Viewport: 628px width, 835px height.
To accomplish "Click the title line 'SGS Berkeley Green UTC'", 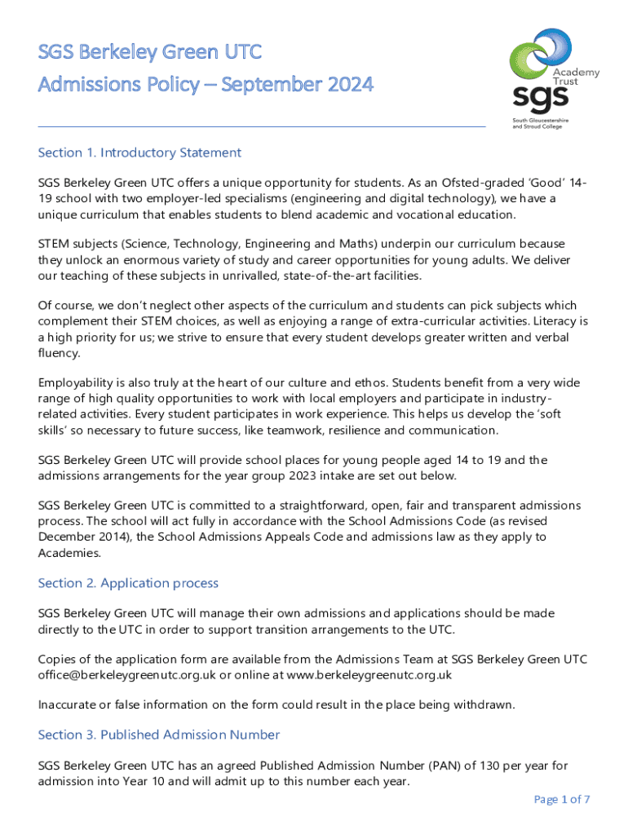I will coord(150,53).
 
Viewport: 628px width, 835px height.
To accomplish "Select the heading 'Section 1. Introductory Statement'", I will coord(139,152).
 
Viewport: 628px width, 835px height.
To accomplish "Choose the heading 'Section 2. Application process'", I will coord(128,583).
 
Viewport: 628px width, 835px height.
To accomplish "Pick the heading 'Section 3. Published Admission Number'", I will coord(159,735).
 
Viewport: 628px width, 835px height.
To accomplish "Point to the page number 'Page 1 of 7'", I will coord(562,799).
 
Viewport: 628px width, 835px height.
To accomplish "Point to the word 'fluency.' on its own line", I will coord(60,353).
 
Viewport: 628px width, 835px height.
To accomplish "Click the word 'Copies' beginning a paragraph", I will coord(57,660).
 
